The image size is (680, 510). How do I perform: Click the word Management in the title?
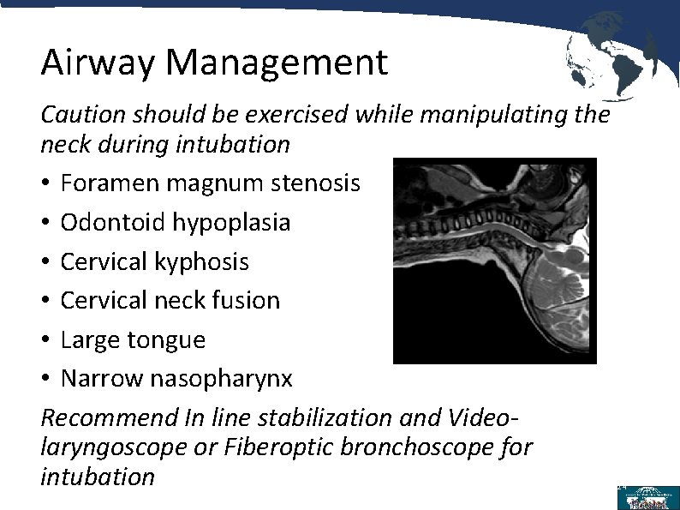277,63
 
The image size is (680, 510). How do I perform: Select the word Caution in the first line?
78,114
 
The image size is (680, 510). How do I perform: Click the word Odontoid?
114,222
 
